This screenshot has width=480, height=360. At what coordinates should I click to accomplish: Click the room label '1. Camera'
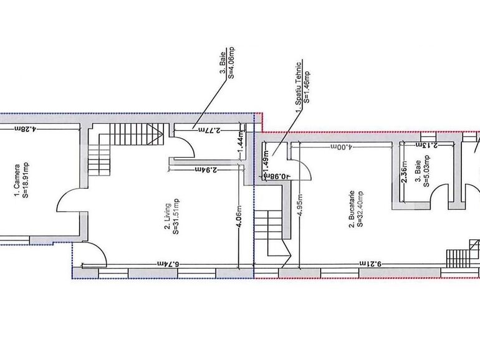click(x=17, y=180)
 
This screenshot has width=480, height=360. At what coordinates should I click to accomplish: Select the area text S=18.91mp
click(x=26, y=179)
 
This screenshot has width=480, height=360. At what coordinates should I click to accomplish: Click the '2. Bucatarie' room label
click(x=352, y=209)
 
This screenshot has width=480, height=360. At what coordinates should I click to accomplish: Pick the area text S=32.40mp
click(x=361, y=209)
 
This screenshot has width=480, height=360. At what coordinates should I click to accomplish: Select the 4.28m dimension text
click(x=26, y=129)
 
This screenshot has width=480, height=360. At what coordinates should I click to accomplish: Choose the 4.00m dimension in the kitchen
click(x=342, y=147)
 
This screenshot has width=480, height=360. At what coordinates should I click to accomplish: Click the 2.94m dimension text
click(x=206, y=169)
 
